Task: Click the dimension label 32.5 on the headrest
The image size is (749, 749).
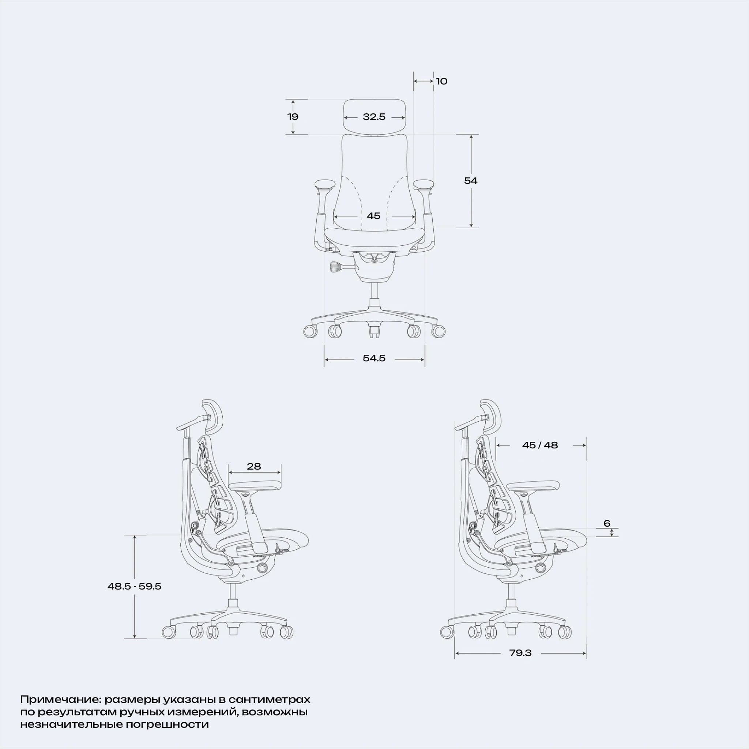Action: coord(374,117)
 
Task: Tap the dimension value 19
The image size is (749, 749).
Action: coord(293,116)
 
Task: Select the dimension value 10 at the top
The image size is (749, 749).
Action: coord(441,81)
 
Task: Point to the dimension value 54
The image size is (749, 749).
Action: coord(471,180)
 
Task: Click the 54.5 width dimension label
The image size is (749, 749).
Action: coord(374,358)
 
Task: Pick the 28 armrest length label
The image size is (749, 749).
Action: coord(254,466)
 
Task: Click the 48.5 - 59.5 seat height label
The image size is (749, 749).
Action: coord(135,586)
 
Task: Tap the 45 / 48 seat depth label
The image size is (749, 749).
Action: coord(540,445)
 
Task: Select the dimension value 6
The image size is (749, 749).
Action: coord(607,523)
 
